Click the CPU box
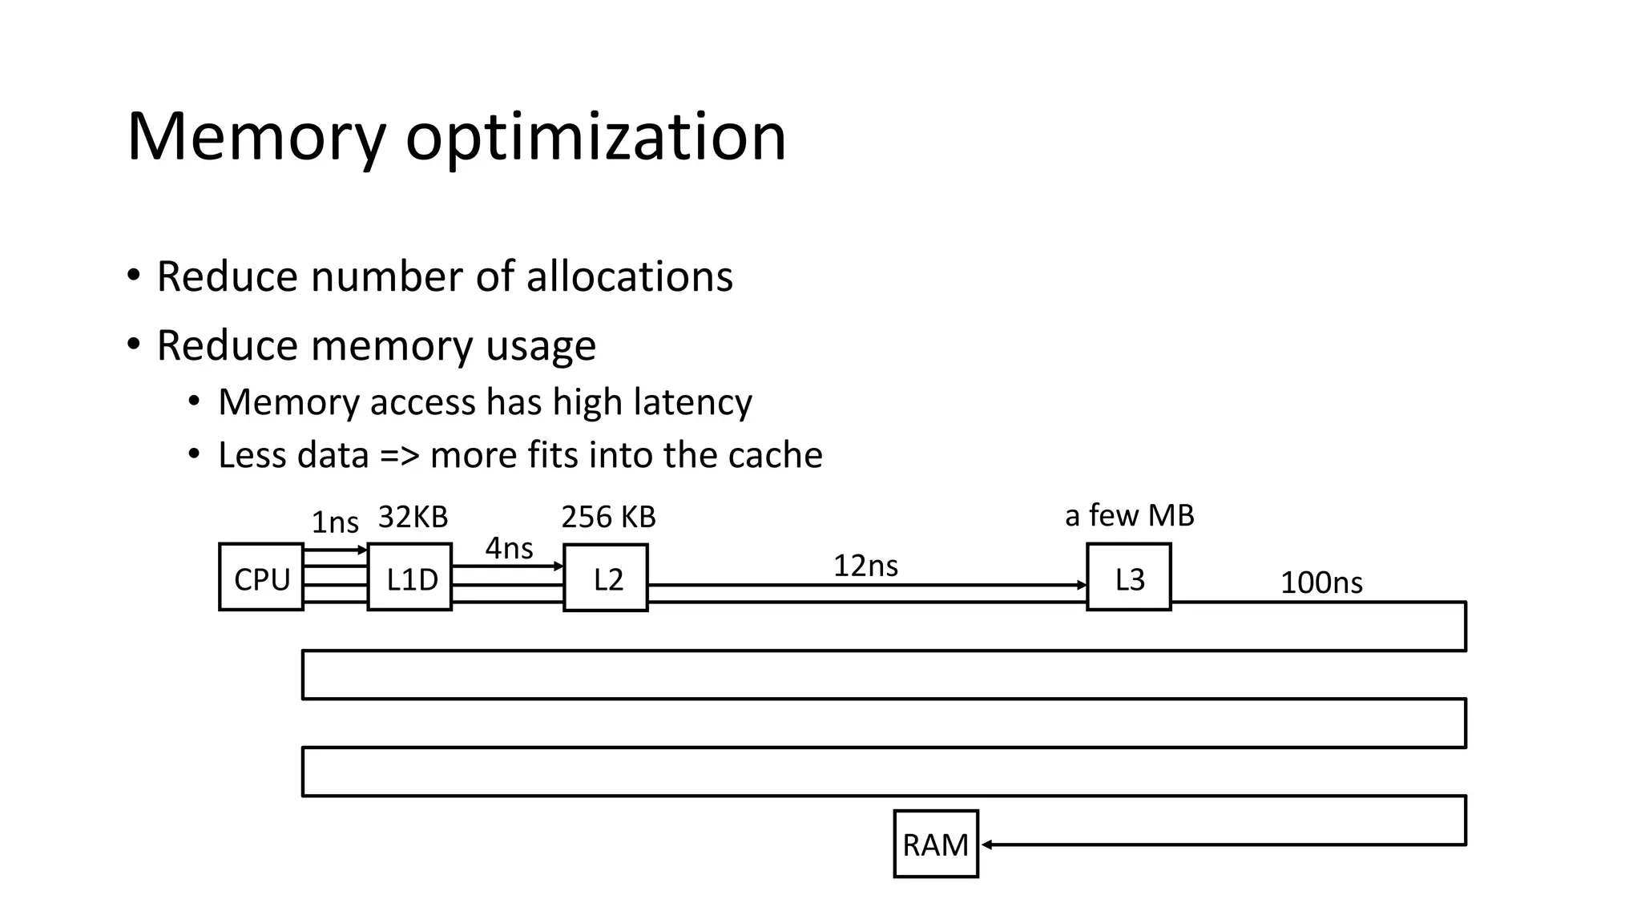click(261, 578)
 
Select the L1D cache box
click(409, 578)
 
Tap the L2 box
click(606, 578)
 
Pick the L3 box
click(1129, 578)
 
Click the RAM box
click(936, 844)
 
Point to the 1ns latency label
click(334, 522)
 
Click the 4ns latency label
click(509, 549)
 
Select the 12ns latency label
click(865, 566)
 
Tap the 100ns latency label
click(1320, 582)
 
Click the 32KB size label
click(413, 517)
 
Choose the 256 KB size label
click(608, 517)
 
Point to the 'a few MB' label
click(1129, 515)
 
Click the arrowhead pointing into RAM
click(987, 844)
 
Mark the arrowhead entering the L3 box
click(1082, 586)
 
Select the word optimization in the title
click(595, 138)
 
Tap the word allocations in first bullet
click(629, 276)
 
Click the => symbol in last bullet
click(399, 455)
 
